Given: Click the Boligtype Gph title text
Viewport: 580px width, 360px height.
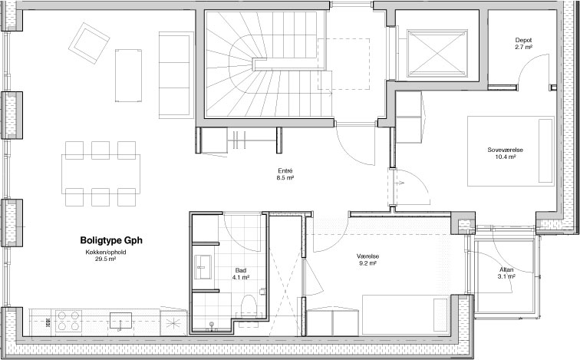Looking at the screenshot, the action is [x=111, y=240].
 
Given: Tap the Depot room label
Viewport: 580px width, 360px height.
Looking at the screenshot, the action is [x=523, y=40].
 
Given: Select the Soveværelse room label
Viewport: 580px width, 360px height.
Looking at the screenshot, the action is [x=506, y=150].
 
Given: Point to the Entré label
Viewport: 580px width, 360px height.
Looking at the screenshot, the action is [x=285, y=171].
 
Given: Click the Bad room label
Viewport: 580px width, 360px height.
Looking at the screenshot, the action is [x=240, y=270].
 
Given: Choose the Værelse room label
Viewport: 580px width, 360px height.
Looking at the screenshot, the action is [x=367, y=256].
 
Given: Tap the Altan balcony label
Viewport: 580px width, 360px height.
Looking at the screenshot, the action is [x=506, y=269].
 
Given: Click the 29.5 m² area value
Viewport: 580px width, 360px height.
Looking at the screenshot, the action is [x=105, y=259].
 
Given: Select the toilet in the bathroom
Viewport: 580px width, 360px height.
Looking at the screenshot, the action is [x=249, y=306].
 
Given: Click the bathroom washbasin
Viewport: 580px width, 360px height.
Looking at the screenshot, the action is [x=203, y=267].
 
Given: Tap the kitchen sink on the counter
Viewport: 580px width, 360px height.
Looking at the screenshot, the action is [x=120, y=321].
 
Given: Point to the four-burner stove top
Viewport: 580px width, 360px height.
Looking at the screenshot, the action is [x=69, y=321].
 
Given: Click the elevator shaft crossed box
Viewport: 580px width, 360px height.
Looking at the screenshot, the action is [x=437, y=53].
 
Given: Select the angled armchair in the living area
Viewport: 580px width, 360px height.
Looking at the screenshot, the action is [x=89, y=43].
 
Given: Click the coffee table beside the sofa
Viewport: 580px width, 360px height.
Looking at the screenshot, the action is [x=128, y=75].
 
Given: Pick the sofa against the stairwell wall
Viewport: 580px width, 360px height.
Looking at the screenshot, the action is [x=176, y=75].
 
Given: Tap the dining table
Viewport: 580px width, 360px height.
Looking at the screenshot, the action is [x=101, y=174].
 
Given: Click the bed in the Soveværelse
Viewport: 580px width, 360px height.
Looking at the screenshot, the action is [x=511, y=151].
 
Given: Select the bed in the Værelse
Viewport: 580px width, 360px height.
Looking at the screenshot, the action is [x=405, y=315].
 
